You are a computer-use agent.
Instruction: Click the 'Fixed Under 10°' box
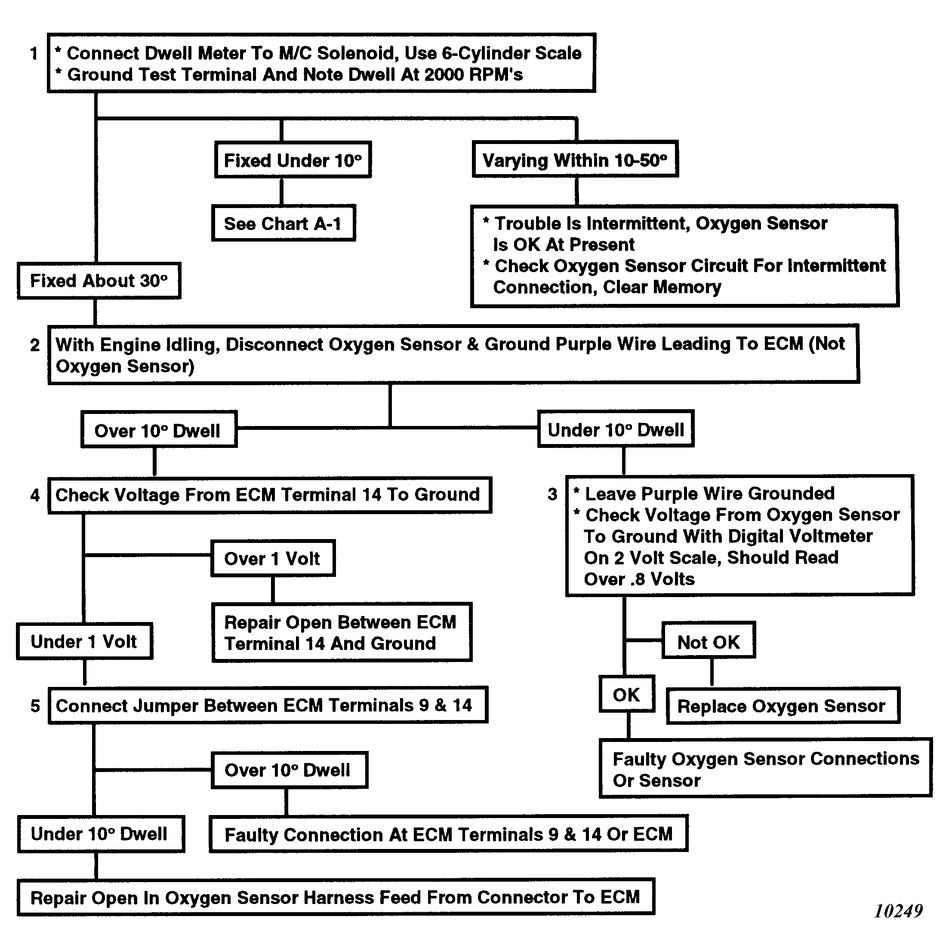pos(293,160)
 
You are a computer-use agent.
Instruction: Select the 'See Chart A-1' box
pos(283,224)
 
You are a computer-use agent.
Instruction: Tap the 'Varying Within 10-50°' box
pos(575,160)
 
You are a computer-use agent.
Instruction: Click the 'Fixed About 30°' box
pos(99,281)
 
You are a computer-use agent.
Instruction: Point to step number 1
pos(34,53)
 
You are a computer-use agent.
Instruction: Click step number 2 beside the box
pos(34,345)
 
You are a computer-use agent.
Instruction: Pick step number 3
pos(552,493)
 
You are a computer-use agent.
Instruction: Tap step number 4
pos(34,495)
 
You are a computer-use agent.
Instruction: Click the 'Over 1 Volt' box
pos(273,558)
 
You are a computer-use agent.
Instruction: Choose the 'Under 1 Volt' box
pos(84,642)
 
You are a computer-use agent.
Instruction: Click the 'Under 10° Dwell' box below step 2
pos(616,430)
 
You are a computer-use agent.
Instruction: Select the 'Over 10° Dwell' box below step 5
pos(289,770)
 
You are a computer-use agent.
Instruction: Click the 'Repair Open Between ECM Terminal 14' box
pos(342,633)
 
